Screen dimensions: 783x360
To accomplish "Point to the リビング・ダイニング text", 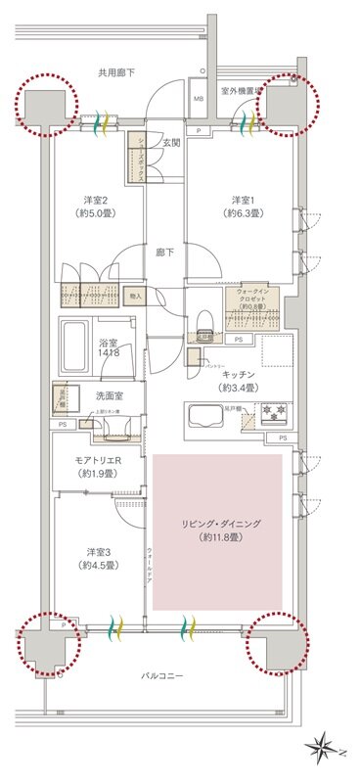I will coord(217,531).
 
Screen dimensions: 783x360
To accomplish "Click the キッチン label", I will coord(239,375).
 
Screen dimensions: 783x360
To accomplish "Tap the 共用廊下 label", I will coord(116,72).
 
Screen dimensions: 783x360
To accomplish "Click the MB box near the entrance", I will coord(197,99).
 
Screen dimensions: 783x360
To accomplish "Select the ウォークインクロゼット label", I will coord(252,298).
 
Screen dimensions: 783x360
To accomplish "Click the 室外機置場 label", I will coord(241,90).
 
